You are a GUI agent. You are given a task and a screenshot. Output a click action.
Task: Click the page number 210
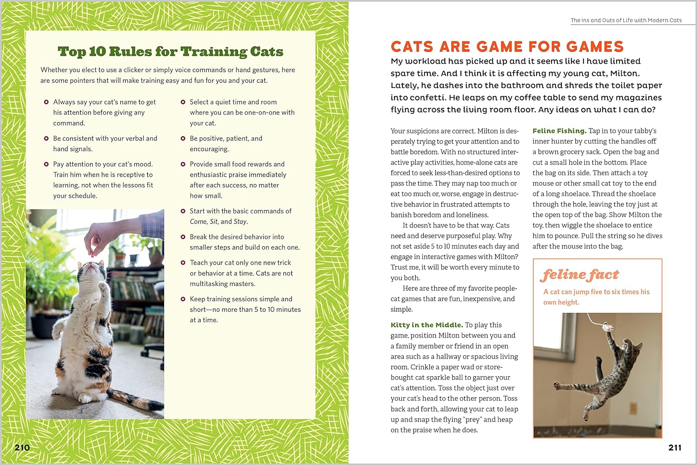point(22,448)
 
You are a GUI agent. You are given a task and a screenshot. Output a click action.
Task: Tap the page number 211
point(675,448)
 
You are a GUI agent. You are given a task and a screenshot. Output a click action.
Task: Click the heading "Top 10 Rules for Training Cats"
point(170,52)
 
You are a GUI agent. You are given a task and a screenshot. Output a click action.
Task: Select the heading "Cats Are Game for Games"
point(507,46)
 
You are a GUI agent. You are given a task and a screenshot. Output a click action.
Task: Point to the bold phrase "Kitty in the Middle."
point(427,325)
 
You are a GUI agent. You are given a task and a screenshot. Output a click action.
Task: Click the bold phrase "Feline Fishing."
point(559,131)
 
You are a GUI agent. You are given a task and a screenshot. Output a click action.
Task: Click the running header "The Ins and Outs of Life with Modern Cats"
point(626,20)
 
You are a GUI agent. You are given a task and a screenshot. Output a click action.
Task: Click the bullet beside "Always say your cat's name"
point(46,102)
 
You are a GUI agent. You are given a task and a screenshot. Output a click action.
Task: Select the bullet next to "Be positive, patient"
point(183,139)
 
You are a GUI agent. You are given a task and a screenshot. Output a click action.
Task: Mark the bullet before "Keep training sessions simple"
point(183,299)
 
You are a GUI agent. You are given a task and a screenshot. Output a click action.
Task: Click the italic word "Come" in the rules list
point(198,222)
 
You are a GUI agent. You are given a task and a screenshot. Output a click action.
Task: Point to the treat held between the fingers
point(93,254)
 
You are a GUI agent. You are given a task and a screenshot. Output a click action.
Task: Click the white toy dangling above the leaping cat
point(607,326)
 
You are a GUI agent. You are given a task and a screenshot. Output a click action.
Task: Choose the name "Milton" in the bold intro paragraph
point(624,73)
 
